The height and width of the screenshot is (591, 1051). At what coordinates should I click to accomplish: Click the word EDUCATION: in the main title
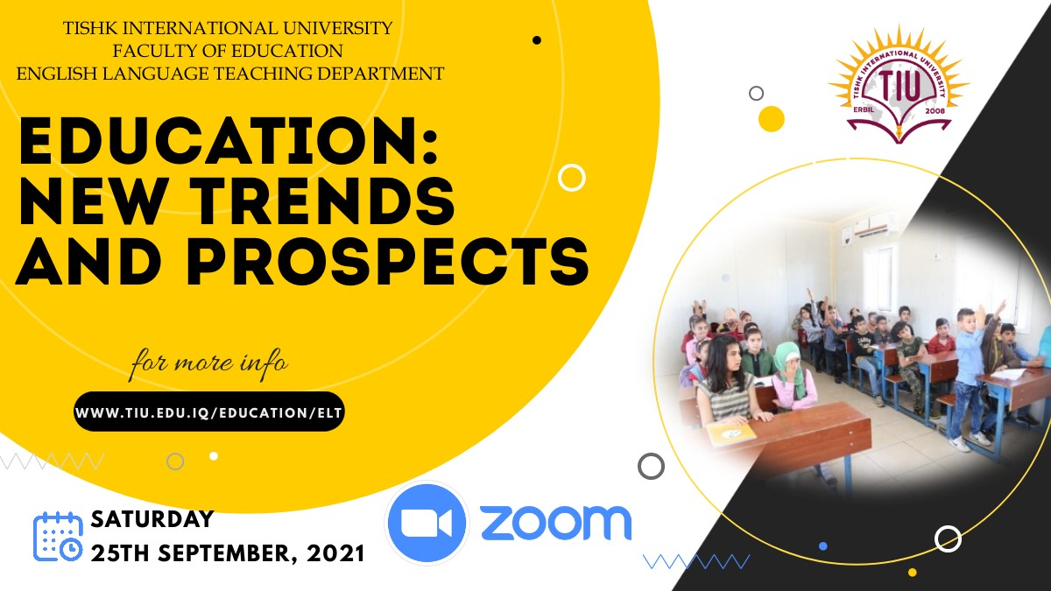tap(229, 141)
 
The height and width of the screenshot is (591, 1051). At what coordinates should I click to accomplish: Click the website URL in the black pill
tap(208, 412)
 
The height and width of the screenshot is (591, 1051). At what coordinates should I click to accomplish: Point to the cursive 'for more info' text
tap(209, 363)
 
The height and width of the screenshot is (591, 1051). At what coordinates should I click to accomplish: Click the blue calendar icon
tap(58, 537)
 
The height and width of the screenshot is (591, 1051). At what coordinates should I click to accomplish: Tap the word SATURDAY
tap(152, 519)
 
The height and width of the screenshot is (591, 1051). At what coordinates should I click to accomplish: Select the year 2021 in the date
tap(336, 554)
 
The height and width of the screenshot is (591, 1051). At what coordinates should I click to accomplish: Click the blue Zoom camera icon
tap(427, 523)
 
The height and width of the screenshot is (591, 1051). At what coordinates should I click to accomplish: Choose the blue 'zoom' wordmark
tap(555, 522)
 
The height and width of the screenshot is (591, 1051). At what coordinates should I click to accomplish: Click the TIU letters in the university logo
tap(899, 87)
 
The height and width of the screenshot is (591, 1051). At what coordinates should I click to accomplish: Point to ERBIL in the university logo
tap(864, 111)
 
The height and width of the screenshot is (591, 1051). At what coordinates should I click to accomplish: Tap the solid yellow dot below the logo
tap(772, 119)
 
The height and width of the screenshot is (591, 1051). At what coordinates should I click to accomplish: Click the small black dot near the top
tap(537, 40)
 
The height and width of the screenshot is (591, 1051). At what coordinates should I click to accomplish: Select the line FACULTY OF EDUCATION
tap(228, 51)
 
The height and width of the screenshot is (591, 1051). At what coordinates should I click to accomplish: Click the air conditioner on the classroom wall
tap(875, 224)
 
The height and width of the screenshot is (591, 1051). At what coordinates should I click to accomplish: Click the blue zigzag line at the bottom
tap(696, 561)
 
